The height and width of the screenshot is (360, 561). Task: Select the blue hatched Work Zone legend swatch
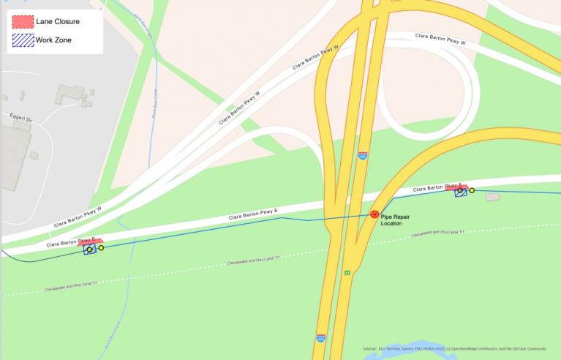click(x=22, y=40)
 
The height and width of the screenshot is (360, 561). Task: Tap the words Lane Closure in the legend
click(x=57, y=22)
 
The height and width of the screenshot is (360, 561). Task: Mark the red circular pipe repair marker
click(x=374, y=214)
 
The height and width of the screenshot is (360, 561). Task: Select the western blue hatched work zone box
click(x=90, y=250)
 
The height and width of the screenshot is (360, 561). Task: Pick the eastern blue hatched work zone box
click(x=461, y=192)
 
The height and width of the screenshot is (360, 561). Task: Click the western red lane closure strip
click(x=91, y=241)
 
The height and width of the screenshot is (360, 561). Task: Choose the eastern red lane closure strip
click(x=456, y=187)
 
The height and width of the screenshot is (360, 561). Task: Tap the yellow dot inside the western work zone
click(x=89, y=250)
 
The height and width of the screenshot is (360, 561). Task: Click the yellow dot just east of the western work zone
click(x=101, y=248)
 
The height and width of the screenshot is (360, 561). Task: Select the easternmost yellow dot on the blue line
click(x=472, y=190)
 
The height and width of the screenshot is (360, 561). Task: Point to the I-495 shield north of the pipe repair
click(x=363, y=157)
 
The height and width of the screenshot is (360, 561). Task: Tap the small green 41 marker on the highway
click(x=347, y=274)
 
